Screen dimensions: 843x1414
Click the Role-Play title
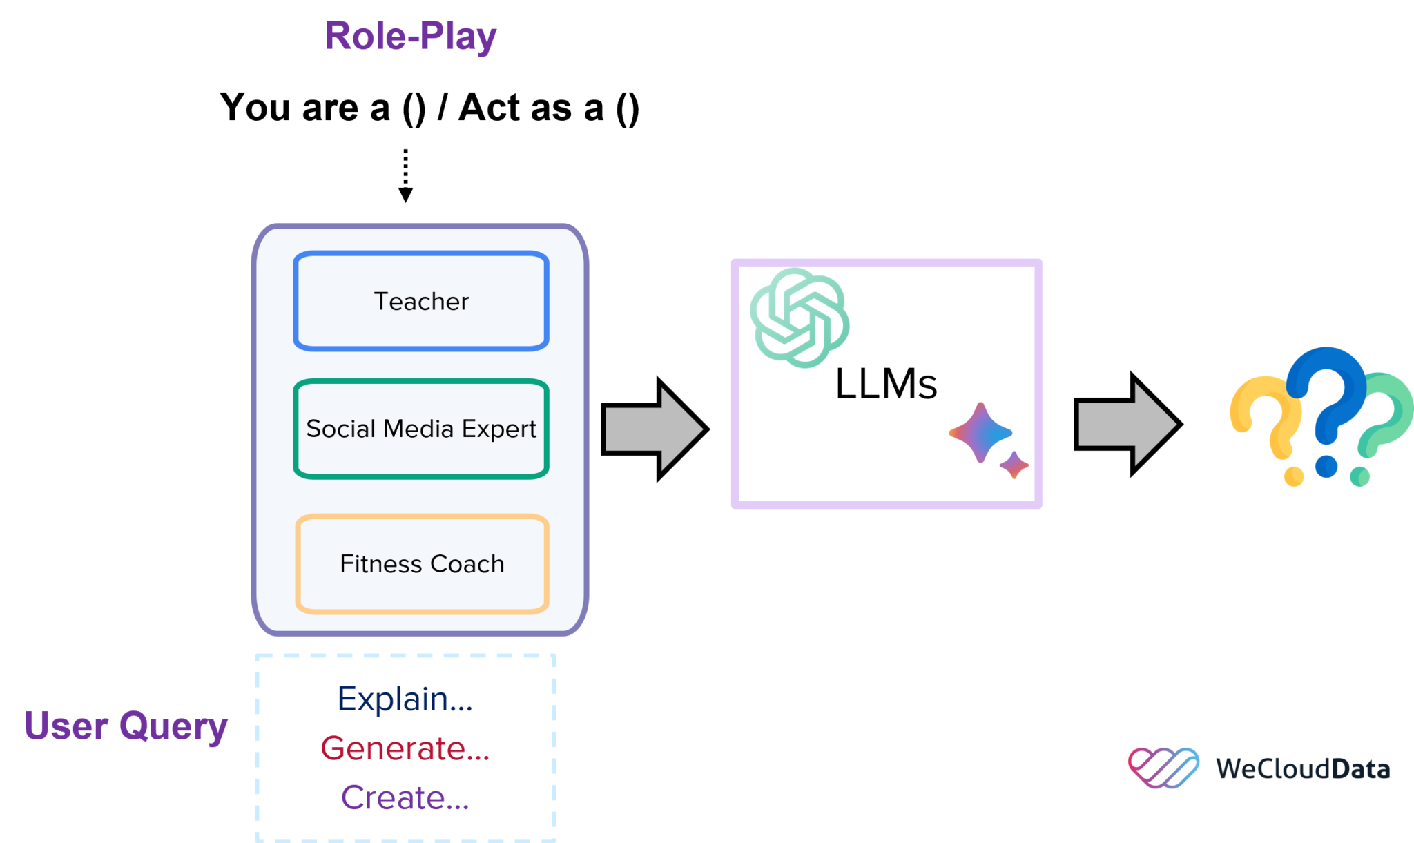410,37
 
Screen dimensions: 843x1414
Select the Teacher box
421,302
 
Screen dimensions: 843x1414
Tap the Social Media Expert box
421,429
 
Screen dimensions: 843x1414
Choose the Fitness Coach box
422,564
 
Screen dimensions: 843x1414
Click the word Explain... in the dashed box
405,699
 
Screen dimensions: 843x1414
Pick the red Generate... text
405,748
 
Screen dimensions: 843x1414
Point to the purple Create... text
405,798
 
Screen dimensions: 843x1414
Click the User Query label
126,726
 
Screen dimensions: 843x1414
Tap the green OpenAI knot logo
800,318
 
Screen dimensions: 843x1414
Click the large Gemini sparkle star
980,433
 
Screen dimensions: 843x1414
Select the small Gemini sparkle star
1014,465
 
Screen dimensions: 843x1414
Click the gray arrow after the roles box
653,429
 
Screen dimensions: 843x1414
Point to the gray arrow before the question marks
1126,425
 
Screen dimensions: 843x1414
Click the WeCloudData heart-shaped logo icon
1163,768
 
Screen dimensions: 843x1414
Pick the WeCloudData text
1302,769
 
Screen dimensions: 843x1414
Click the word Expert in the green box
498,429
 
